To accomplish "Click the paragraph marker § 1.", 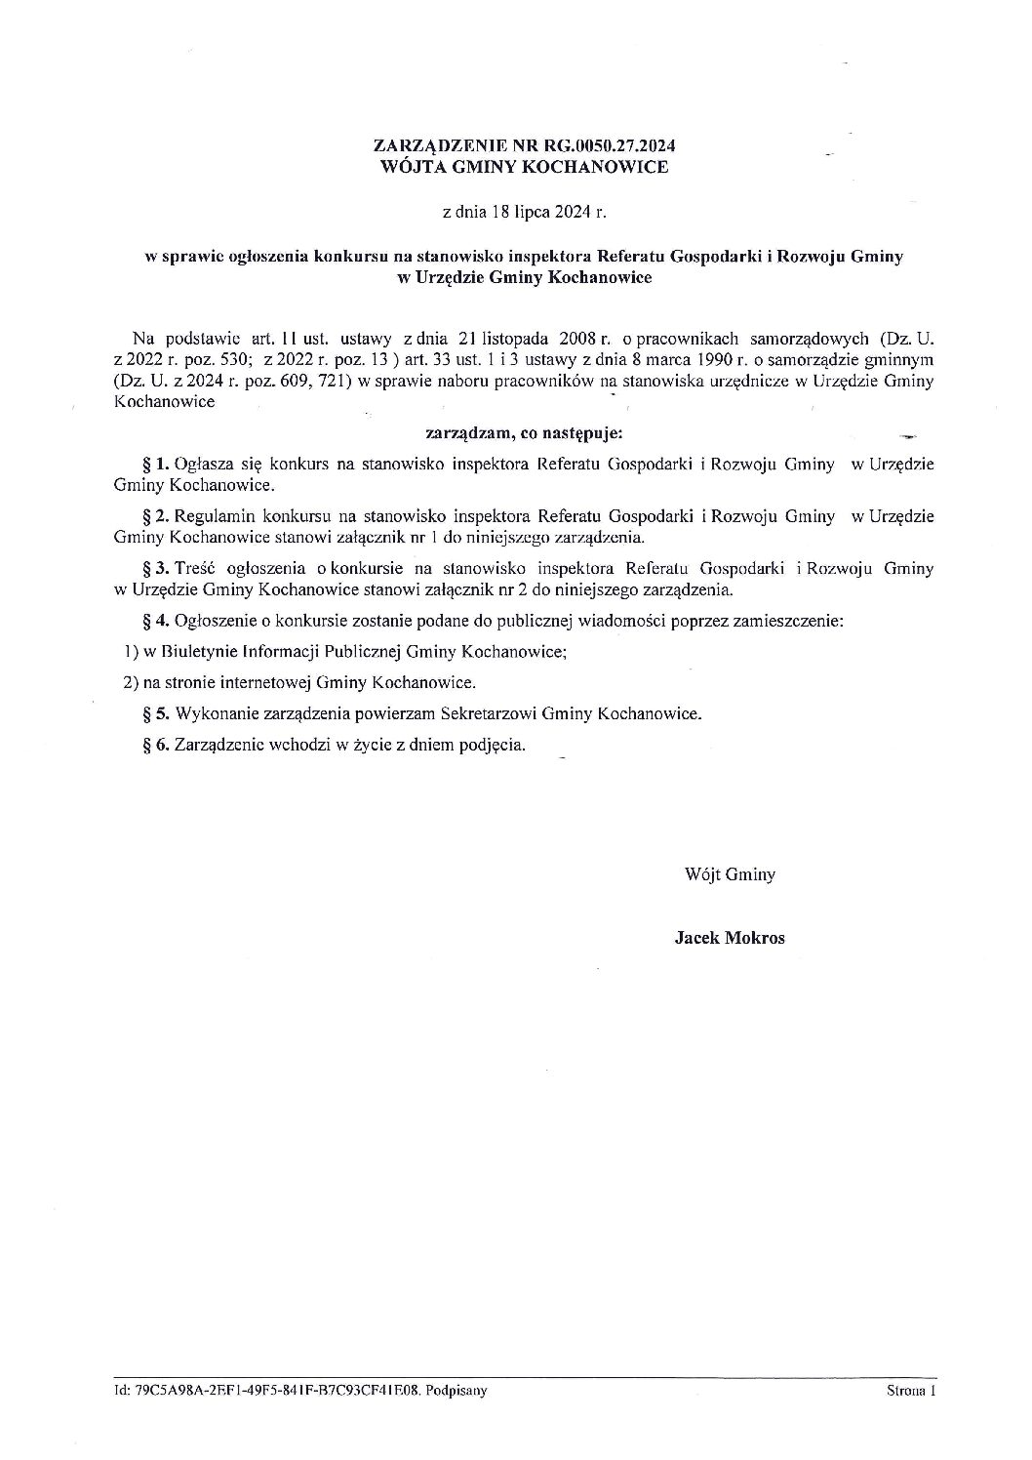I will pos(156,465).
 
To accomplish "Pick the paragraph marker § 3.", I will pos(156,567).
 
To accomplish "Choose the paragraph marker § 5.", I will pos(156,713).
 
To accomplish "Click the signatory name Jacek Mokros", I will pos(730,939).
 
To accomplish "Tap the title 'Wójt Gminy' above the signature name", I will pos(730,875).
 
